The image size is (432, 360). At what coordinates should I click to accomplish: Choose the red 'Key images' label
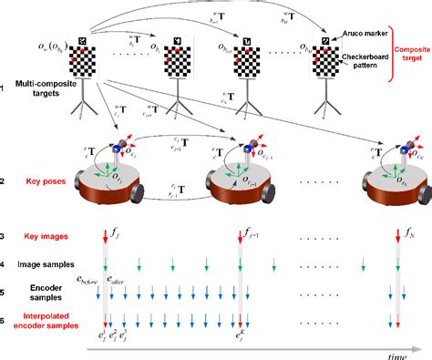coord(51,235)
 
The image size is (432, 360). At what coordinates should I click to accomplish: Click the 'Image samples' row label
coord(52,264)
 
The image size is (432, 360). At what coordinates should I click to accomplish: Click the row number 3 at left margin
coord(5,236)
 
